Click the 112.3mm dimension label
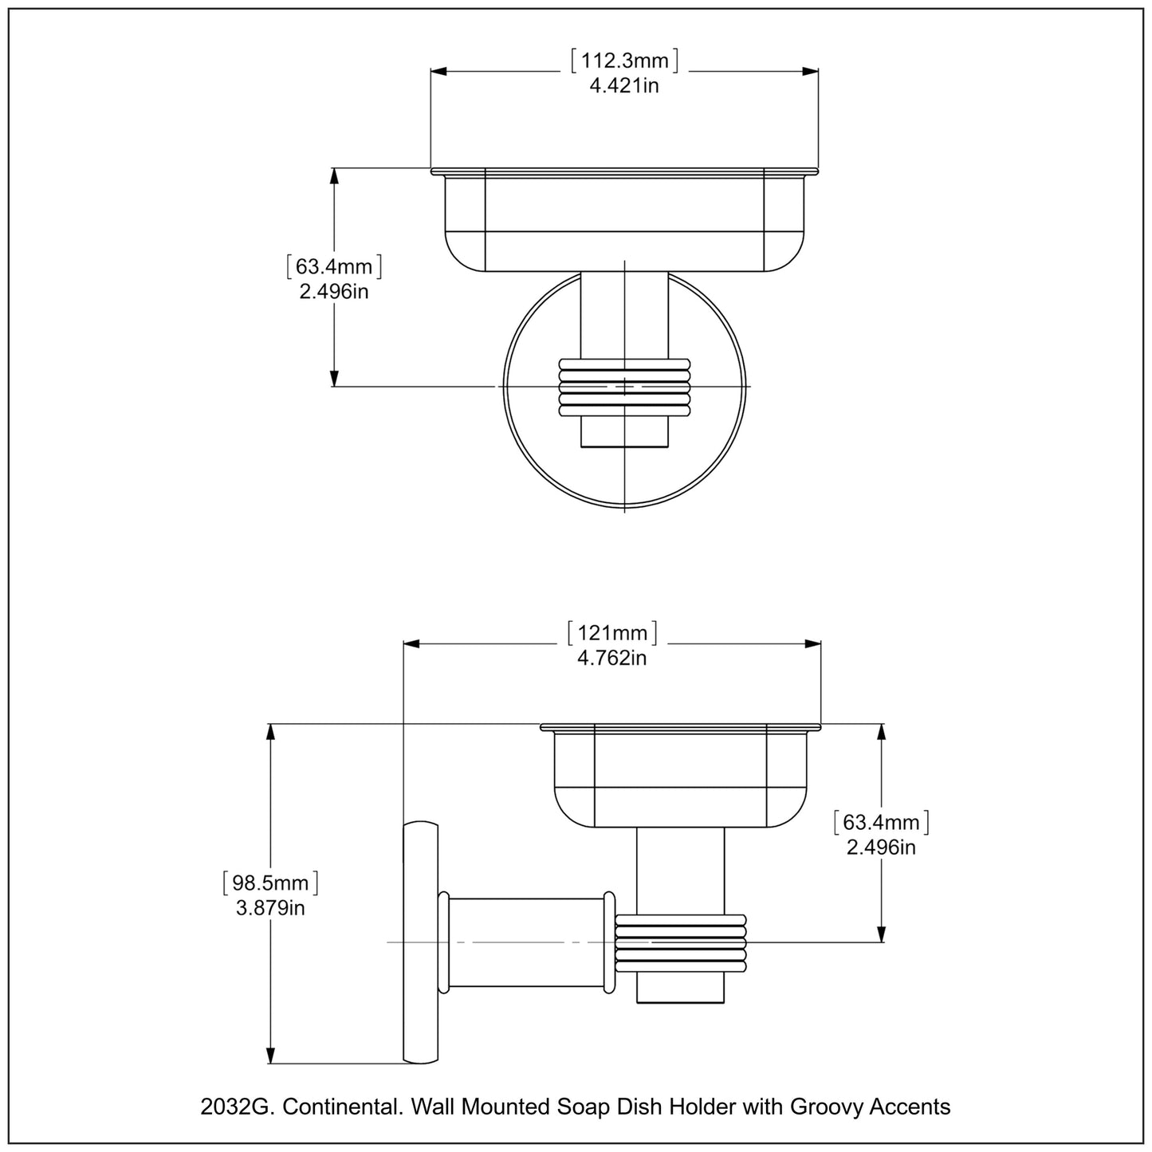click(x=624, y=61)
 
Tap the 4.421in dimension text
click(x=624, y=85)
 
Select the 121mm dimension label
click(x=611, y=633)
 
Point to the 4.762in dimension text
click(x=611, y=658)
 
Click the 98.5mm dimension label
click(x=270, y=883)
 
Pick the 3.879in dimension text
click(x=270, y=908)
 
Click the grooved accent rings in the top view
click(x=624, y=387)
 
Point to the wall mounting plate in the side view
click(x=421, y=942)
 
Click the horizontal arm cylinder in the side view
click(x=526, y=942)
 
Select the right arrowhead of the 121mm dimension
click(x=813, y=644)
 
